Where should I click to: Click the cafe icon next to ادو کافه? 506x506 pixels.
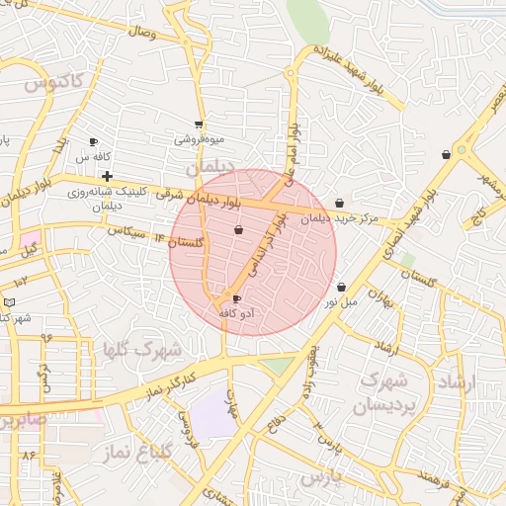236,297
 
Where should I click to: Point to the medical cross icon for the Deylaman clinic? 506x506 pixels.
107,176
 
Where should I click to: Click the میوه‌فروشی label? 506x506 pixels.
200,139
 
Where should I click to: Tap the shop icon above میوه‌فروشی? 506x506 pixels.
200,125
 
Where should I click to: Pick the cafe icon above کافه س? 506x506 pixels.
94,141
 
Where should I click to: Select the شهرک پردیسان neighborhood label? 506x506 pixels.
381,392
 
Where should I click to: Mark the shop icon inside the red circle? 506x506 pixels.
238,230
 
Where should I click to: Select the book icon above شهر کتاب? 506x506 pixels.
10,301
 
